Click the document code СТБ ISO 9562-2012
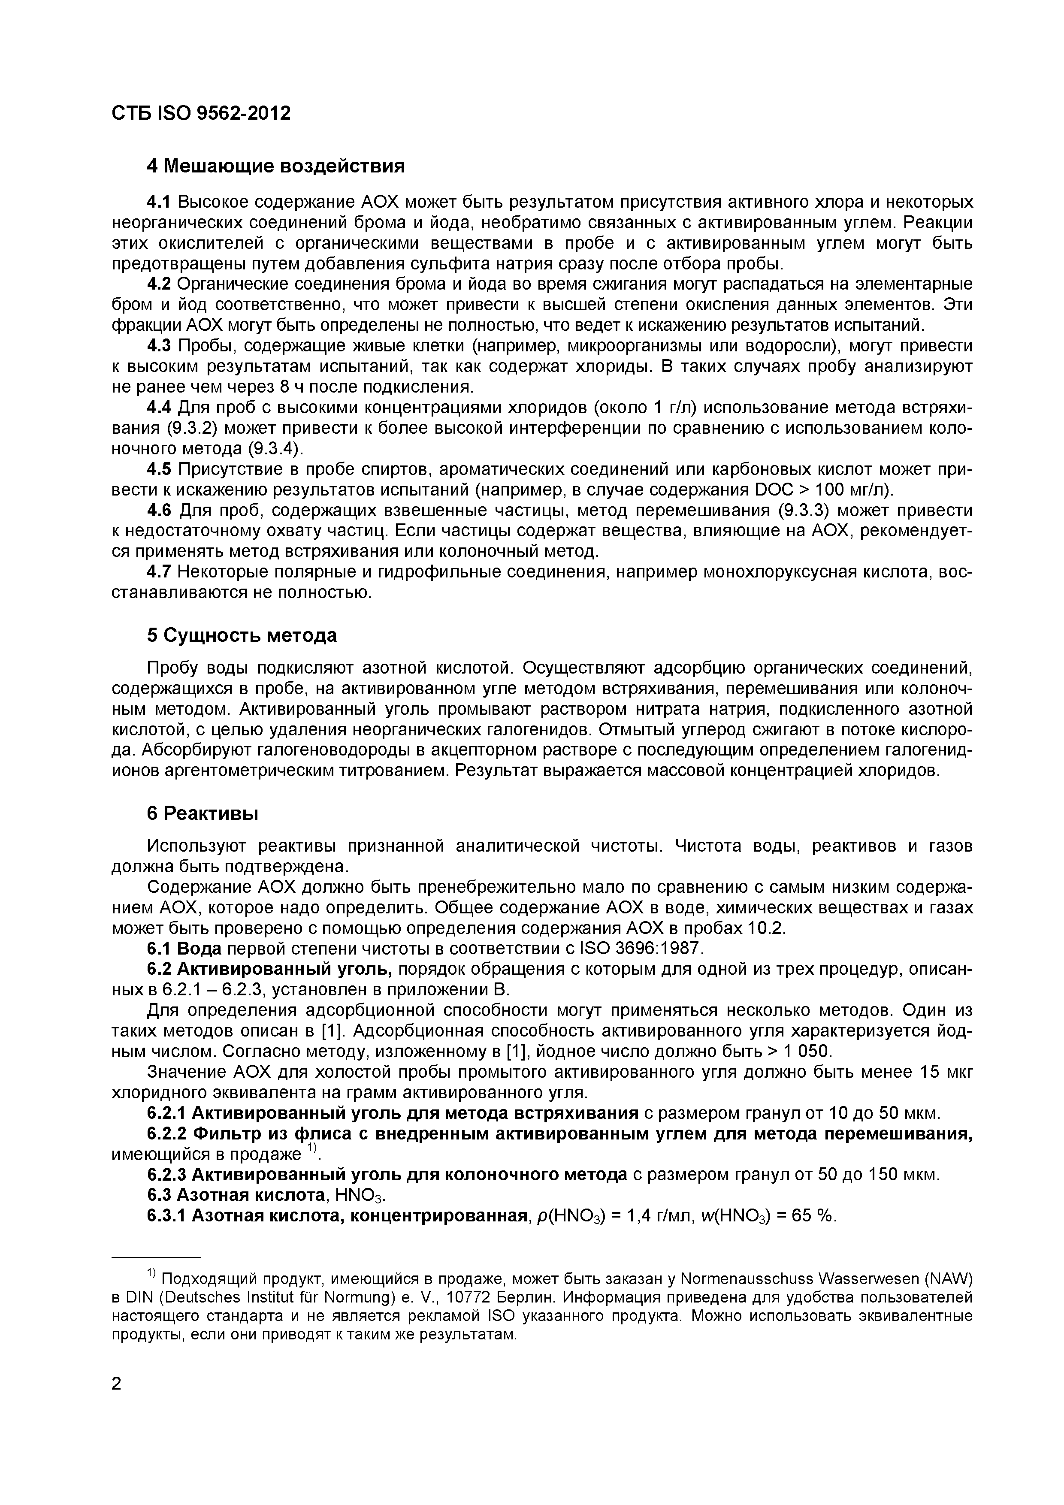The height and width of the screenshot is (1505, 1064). [201, 113]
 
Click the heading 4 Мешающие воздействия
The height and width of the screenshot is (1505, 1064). [275, 166]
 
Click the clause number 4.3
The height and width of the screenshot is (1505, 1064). [159, 345]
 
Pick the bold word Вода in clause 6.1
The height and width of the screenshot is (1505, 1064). [199, 949]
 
